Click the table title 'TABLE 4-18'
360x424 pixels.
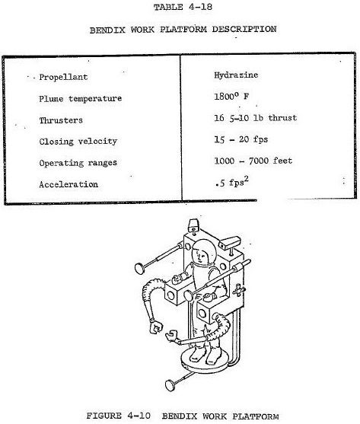[183, 7]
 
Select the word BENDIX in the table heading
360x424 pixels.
[107, 30]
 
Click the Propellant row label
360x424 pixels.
[63, 77]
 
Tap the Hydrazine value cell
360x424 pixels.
[236, 75]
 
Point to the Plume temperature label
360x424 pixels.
[80, 99]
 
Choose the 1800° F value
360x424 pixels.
[231, 96]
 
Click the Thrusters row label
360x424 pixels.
[61, 120]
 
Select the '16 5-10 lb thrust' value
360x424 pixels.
[256, 118]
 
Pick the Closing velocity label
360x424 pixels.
[78, 142]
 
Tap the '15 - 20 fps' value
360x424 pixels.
[241, 139]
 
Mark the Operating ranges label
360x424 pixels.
[78, 163]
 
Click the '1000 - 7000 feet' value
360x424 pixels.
[253, 161]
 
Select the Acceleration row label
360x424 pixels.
[68, 184]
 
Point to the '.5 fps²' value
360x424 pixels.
[232, 182]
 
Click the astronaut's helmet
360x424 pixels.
[203, 252]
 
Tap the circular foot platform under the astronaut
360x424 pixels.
[205, 364]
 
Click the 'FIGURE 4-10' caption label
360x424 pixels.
[118, 416]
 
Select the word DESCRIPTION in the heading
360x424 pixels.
[244, 29]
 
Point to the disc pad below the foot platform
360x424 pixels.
[170, 386]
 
